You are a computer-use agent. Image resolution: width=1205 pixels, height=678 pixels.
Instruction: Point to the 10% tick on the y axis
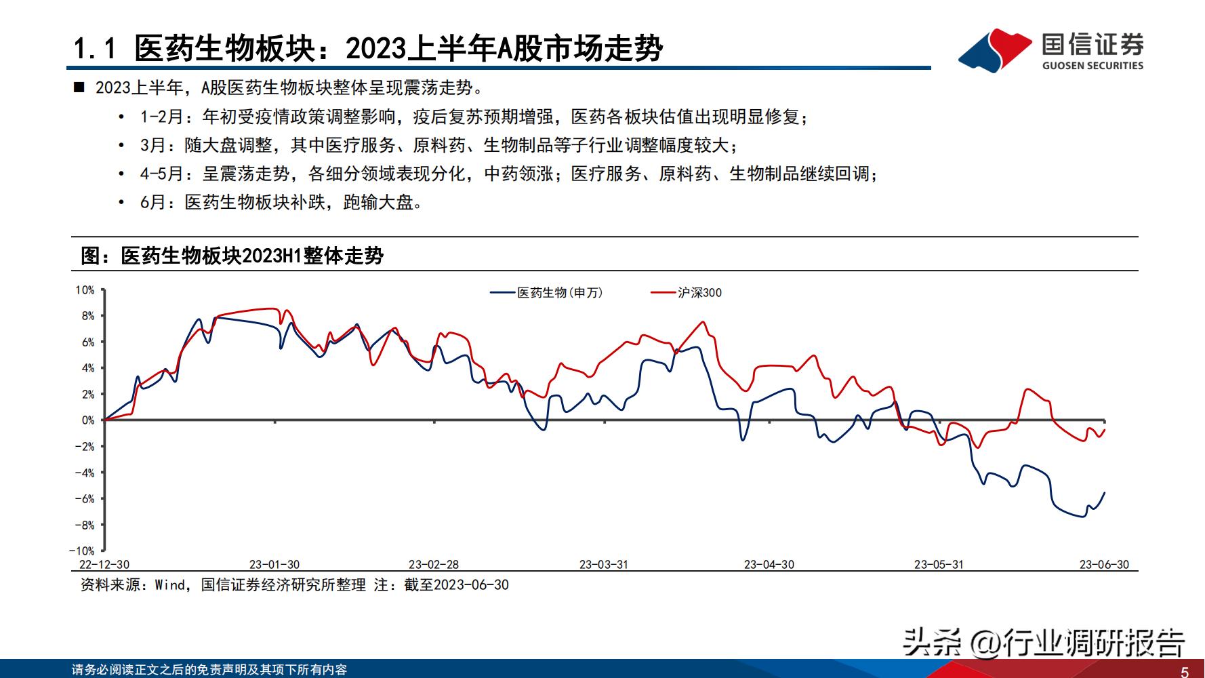pyautogui.click(x=85, y=290)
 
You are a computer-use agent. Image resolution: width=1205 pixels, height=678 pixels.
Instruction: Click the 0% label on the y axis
pyautogui.click(x=88, y=420)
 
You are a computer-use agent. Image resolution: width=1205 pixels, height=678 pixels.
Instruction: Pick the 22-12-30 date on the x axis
pyautogui.click(x=104, y=565)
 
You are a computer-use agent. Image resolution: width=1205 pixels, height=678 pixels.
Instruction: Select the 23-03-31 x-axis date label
pyautogui.click(x=604, y=565)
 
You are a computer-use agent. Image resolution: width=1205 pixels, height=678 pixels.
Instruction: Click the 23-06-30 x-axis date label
pyautogui.click(x=1104, y=565)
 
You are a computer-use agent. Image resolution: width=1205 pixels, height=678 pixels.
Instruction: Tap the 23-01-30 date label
pyautogui.click(x=274, y=565)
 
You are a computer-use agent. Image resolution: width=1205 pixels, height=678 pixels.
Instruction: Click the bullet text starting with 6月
pyautogui.click(x=281, y=203)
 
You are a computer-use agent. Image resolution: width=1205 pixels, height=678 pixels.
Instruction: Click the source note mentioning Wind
pyautogui.click(x=294, y=585)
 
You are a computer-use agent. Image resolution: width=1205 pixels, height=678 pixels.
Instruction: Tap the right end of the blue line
pyautogui.click(x=1104, y=493)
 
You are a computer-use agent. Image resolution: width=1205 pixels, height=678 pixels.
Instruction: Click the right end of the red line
pyautogui.click(x=1104, y=430)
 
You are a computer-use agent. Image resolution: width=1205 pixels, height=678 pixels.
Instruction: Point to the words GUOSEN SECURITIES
pyautogui.click(x=1092, y=66)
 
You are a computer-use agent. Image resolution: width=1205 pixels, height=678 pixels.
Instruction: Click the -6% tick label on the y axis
pyautogui.click(x=86, y=499)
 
